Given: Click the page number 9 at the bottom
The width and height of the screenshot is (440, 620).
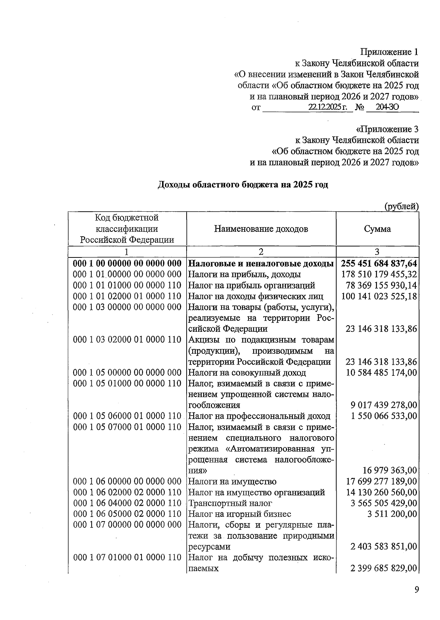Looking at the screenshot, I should click(x=416, y=590).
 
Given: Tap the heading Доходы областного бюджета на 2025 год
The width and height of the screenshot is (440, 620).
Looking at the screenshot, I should click(x=243, y=185).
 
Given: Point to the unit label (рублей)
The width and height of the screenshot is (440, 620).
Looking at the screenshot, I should click(x=401, y=207).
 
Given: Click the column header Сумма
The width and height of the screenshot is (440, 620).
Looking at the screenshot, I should click(x=377, y=229).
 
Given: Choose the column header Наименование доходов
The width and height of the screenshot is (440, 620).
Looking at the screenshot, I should click(x=261, y=229).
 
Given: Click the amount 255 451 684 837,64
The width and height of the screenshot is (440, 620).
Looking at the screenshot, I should click(x=379, y=264).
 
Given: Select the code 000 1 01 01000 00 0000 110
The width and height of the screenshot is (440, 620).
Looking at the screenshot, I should click(x=127, y=285).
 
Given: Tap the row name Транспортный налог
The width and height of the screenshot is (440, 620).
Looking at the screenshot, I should click(x=230, y=503).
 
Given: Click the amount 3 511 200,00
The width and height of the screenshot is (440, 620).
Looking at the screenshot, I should click(x=392, y=514).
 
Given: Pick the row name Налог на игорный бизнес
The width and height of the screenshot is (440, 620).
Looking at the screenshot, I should click(x=239, y=514).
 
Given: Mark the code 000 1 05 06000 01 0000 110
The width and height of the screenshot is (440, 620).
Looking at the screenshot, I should click(x=127, y=416).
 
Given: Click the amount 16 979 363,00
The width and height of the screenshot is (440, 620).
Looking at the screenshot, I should click(x=389, y=471).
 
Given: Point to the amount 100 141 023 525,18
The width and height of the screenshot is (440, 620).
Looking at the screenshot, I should click(x=379, y=296).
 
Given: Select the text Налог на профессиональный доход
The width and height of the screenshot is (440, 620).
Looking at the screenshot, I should click(x=259, y=416).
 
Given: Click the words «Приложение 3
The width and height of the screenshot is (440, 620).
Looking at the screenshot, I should click(x=387, y=129).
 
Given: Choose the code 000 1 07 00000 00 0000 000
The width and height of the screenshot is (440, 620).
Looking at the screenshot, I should click(x=127, y=525).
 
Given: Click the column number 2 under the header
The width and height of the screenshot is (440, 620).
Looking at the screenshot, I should click(x=261, y=252).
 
